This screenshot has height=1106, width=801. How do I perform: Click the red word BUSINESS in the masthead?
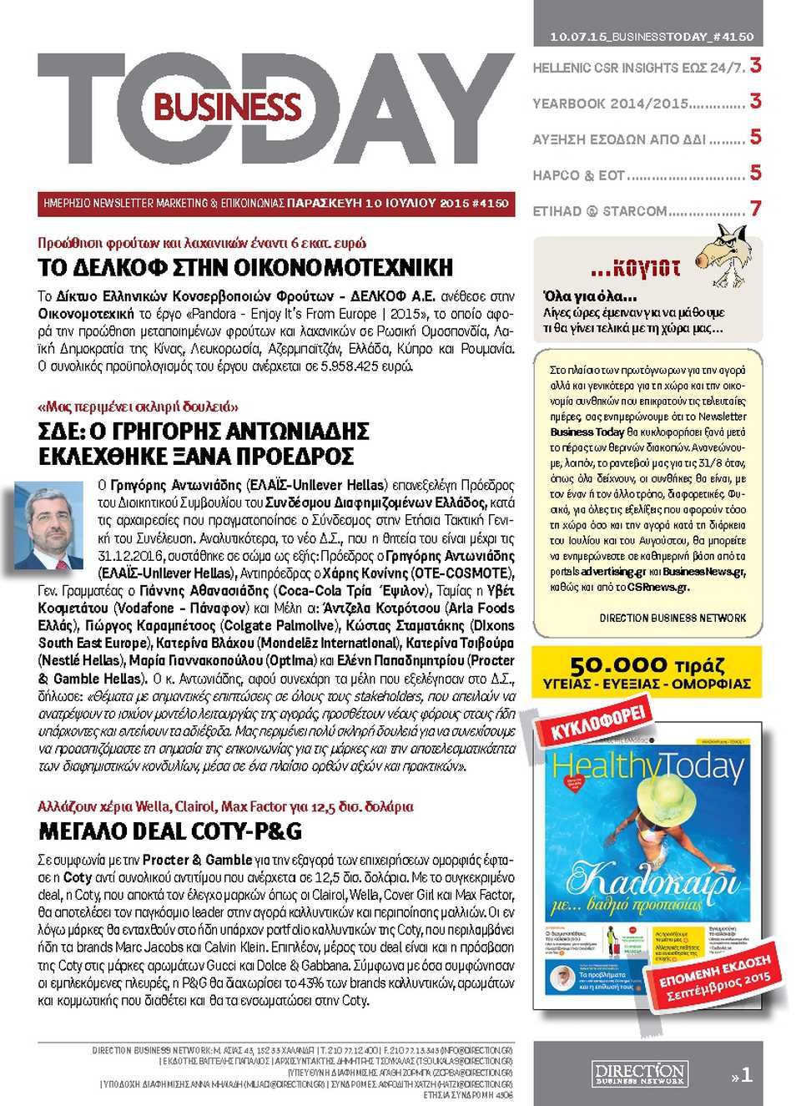[x=227, y=108]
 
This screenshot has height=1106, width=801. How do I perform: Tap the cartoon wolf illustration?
[x=723, y=254]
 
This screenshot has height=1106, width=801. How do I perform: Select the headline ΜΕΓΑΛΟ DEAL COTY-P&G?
[x=170, y=831]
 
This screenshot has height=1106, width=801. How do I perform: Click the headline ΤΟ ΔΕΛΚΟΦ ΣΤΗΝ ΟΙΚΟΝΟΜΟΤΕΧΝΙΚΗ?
[x=245, y=268]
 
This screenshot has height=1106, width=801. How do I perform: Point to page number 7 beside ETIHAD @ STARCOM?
[x=755, y=209]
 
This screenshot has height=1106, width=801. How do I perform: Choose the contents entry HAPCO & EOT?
[x=637, y=175]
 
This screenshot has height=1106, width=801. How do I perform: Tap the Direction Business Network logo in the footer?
[x=639, y=1073]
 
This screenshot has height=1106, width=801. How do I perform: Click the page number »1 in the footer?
[x=742, y=1075]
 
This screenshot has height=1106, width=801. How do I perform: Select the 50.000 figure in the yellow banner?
[x=618, y=665]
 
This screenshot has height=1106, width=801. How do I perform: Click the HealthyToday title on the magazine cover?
[x=647, y=766]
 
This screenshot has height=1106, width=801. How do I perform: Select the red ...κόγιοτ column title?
[x=635, y=269]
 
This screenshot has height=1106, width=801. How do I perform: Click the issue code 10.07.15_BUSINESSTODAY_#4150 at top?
[x=651, y=37]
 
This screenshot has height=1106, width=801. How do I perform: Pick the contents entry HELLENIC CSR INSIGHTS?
[x=637, y=68]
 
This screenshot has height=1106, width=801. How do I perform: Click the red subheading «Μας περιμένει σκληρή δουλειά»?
[x=138, y=407]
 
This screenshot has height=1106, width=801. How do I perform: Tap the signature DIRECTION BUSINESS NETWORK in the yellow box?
[x=673, y=618]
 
